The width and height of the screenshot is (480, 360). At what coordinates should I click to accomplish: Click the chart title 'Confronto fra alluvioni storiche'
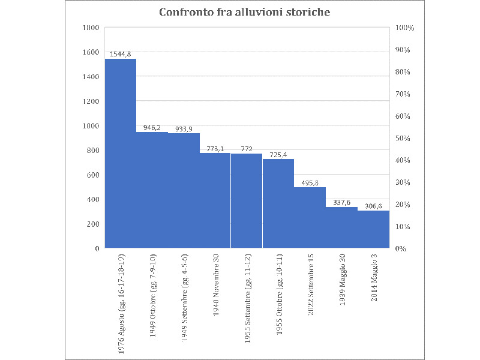[244, 12]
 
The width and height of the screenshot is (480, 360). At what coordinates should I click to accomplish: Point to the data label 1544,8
[121, 54]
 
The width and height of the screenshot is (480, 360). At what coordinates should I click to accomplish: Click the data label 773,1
[215, 148]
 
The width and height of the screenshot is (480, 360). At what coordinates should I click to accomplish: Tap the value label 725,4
[278, 154]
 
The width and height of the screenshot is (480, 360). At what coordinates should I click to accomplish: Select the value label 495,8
[310, 182]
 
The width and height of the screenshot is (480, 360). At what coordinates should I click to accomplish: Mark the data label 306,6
[373, 206]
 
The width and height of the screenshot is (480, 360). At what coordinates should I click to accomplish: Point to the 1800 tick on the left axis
[91, 28]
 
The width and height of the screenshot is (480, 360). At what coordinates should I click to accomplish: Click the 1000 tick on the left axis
[91, 126]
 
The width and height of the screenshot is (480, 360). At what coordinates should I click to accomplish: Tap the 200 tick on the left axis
[92, 224]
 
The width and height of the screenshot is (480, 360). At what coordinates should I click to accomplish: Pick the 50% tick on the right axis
[401, 139]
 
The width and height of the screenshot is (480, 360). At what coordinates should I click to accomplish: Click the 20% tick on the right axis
[401, 205]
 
